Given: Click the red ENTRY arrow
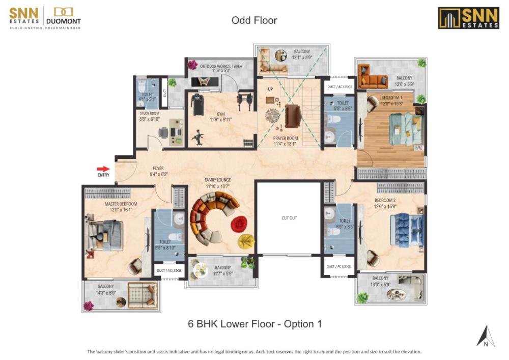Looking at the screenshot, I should (x=103, y=169).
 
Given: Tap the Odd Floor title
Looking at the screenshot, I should (x=254, y=20).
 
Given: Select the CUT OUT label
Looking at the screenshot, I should (x=289, y=218).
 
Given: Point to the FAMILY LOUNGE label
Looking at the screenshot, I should (x=218, y=180).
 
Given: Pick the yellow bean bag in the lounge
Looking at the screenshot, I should (x=246, y=240).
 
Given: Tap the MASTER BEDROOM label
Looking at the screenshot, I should (x=121, y=204).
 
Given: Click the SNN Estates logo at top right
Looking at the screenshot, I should (x=468, y=18).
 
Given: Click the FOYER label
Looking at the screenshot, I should (x=158, y=168).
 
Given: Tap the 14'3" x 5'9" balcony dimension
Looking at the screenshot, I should (x=106, y=293).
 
